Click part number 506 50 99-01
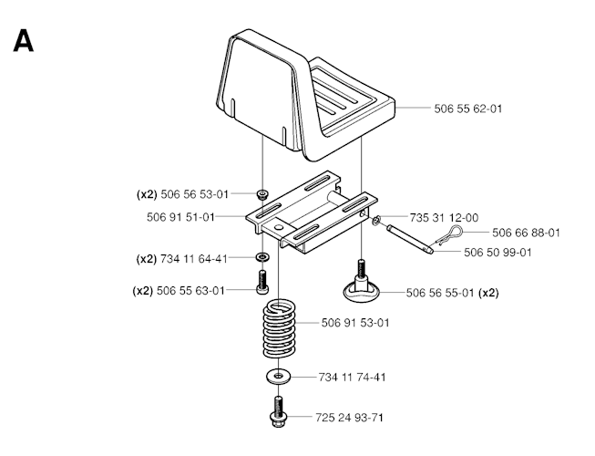pos(498,252)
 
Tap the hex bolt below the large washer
pos(278,412)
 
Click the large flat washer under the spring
pos(278,376)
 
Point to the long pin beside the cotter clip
pos(414,237)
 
